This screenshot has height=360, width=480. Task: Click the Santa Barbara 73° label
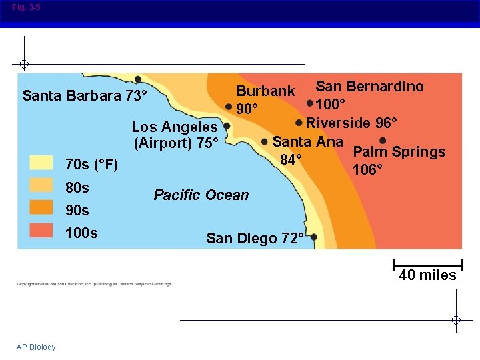[85, 95]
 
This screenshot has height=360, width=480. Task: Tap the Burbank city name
[265, 91]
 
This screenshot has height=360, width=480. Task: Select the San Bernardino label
[369, 86]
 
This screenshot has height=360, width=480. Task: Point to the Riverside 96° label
[351, 123]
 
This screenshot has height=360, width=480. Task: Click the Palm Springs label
[399, 152]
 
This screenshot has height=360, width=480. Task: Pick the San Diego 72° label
[255, 238]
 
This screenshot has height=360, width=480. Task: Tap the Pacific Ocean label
[201, 195]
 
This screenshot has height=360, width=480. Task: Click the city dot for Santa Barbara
[137, 79]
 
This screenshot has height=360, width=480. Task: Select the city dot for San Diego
[314, 237]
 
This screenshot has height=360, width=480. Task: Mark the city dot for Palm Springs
[383, 141]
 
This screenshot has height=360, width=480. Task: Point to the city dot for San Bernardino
[310, 103]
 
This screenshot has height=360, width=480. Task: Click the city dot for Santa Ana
[266, 141]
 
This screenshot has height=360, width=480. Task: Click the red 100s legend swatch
[41, 230]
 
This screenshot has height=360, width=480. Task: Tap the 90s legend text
[77, 210]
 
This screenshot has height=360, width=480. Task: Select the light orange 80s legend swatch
[41, 186]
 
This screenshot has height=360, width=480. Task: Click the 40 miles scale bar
[428, 263]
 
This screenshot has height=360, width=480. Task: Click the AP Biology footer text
[37, 347]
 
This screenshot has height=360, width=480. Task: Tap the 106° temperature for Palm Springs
[367, 169]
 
